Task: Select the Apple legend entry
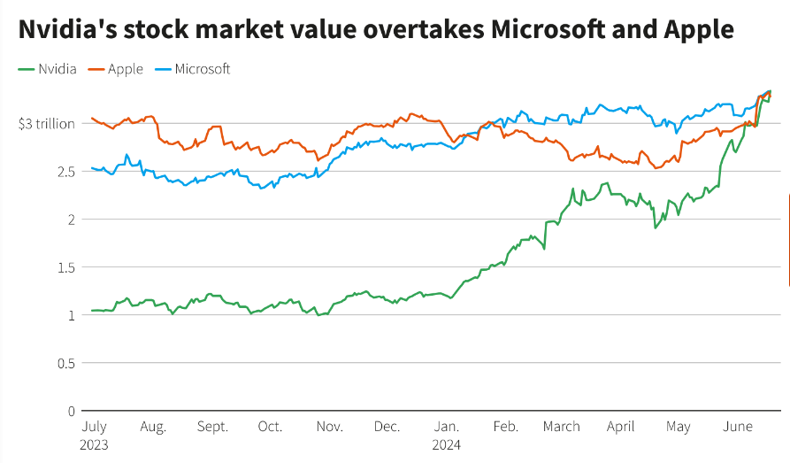125,68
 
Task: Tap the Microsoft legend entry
203,68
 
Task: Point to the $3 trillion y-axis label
46,123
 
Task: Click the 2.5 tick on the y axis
65,171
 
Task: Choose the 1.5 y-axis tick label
65,266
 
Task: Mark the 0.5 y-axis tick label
65,362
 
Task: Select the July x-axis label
95,426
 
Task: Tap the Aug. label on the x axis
153,426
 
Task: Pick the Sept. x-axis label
212,426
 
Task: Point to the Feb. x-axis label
504,426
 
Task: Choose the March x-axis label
562,426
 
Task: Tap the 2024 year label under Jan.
447,444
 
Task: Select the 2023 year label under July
95,444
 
